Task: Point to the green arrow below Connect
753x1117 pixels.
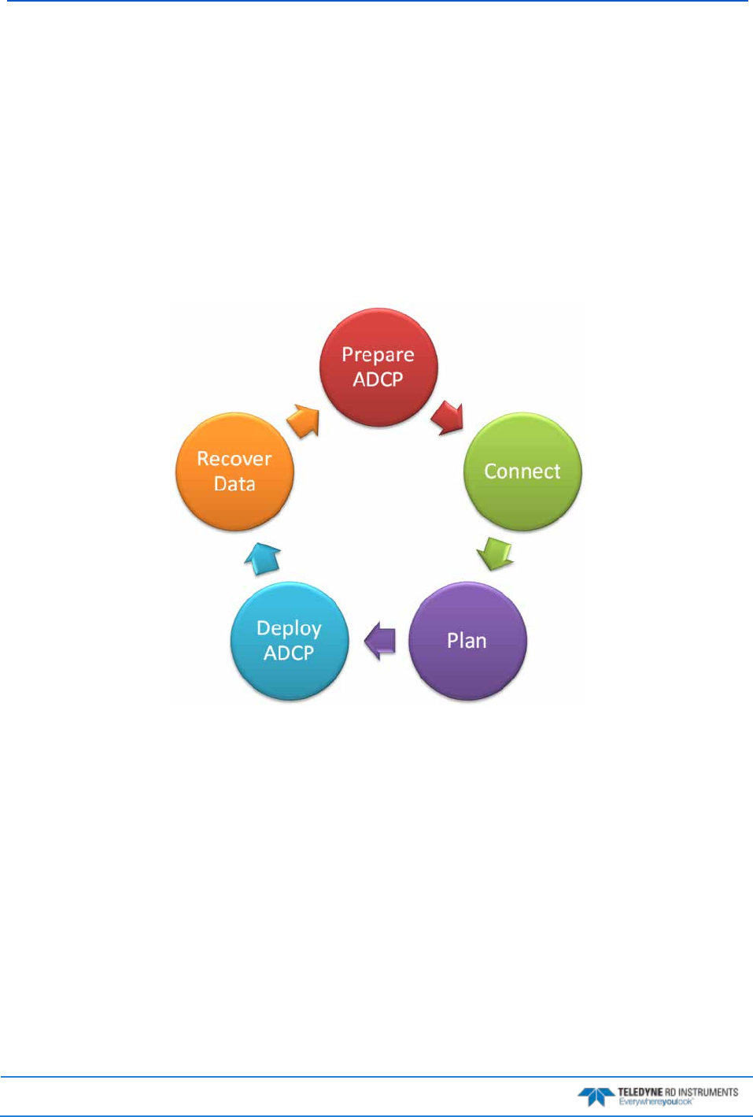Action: click(496, 553)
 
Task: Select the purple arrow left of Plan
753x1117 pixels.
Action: click(381, 640)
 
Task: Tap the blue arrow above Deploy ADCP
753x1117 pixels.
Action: click(263, 557)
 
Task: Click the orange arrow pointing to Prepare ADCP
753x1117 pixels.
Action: click(304, 420)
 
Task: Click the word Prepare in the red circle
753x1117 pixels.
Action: click(378, 355)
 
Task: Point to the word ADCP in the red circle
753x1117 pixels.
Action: click(378, 379)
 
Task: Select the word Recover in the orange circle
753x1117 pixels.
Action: click(234, 459)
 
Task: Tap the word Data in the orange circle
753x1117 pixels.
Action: click(234, 483)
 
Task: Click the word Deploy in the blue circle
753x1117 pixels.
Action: click(289, 628)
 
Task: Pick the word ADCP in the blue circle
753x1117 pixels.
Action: click(289, 653)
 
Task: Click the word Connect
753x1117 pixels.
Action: click(522, 472)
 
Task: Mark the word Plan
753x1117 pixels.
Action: click(467, 641)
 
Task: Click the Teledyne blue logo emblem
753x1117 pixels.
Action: click(596, 1096)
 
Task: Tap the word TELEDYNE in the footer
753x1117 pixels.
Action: click(640, 1092)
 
